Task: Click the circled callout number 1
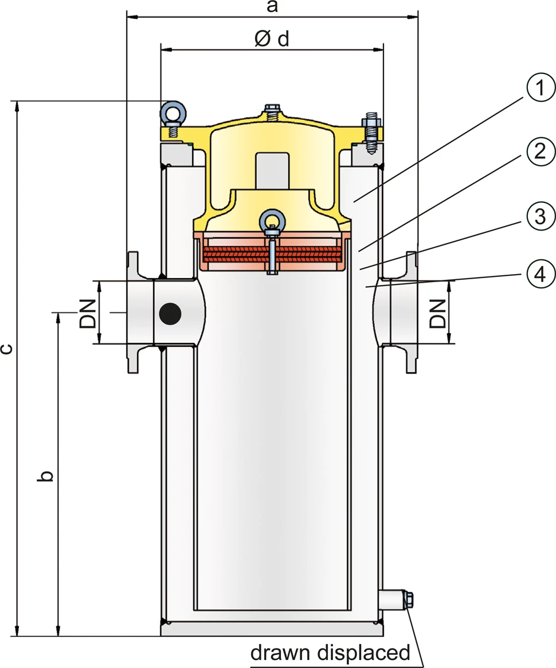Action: [x=541, y=88]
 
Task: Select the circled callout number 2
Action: [x=541, y=151]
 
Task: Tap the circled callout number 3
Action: [x=541, y=216]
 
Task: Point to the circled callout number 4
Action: [x=541, y=274]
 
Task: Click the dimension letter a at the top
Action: [x=272, y=7]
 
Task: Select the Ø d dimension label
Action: [x=272, y=39]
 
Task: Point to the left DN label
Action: [x=88, y=313]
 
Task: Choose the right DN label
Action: [x=437, y=313]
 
